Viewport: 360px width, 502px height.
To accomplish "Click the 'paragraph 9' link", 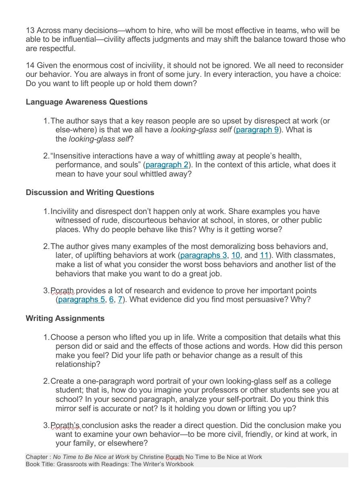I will click(257, 130).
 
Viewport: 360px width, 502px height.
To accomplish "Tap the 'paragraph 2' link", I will click(167, 165).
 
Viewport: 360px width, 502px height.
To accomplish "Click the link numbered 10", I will click(236, 255).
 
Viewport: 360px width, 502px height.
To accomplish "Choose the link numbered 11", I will click(264, 255).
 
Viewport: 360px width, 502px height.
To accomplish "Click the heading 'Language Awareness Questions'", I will click(86, 102).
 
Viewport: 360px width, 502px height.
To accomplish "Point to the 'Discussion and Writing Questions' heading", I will click(90, 193).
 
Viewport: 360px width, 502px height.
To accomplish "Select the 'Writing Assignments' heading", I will click(65, 319).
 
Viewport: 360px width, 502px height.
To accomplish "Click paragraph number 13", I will click(30, 31).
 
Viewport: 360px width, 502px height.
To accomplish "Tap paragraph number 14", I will click(30, 66).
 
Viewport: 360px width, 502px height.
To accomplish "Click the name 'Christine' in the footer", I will click(152, 457).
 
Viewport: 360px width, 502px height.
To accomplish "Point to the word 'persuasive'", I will click(279, 300).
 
